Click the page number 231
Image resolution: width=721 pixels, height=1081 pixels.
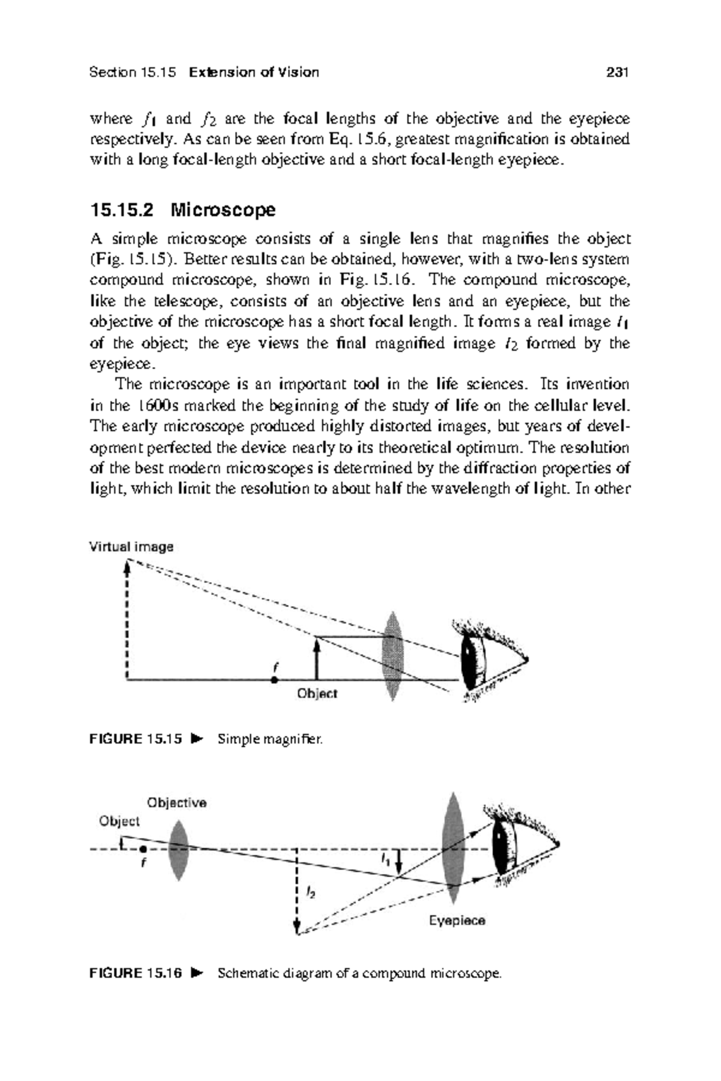617,73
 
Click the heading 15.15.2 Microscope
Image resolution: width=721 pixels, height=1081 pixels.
183,210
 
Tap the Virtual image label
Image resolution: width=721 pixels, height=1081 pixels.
131,547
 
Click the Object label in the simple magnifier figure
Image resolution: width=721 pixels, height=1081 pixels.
317,694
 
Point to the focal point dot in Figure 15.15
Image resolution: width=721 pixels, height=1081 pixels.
274,680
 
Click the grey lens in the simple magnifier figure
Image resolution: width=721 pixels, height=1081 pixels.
392,656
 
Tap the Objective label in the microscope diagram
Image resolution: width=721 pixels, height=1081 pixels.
177,803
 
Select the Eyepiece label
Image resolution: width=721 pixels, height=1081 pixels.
457,921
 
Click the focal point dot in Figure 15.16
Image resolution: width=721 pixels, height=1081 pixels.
143,849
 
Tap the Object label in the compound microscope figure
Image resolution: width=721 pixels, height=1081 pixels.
119,821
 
